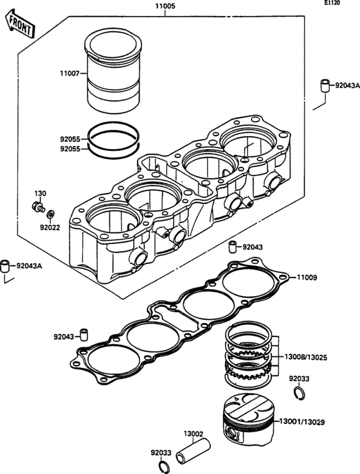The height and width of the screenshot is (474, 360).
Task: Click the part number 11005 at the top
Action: (165, 6)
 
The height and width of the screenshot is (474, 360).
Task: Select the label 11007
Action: (69, 73)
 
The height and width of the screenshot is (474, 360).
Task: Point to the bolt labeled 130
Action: (38, 207)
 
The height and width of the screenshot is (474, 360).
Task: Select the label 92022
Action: (50, 227)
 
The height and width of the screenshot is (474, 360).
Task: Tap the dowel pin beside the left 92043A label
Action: (6, 266)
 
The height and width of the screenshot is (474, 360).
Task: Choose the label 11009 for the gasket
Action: (307, 277)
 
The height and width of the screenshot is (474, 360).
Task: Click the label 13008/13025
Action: (305, 357)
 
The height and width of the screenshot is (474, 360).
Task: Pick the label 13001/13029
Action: (302, 422)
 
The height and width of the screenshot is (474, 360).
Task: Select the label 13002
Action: (194, 434)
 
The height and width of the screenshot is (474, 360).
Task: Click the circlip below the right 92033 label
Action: (300, 392)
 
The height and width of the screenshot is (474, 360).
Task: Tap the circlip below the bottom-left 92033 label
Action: (163, 466)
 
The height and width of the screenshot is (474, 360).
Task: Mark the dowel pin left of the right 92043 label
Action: (232, 247)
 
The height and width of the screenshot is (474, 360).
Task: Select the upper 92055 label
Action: (70, 139)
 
